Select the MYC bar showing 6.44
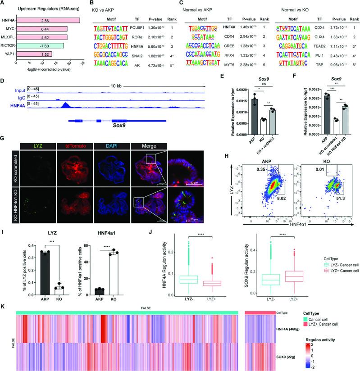point(47,28)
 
